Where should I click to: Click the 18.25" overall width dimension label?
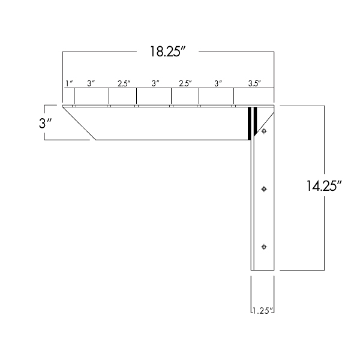166,52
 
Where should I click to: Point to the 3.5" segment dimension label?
254,84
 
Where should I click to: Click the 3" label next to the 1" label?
91,84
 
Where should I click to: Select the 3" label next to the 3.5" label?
217,84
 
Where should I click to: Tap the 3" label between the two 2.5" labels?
155,84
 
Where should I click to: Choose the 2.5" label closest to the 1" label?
124,84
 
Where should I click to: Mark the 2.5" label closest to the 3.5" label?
186,84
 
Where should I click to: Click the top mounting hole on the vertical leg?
264,131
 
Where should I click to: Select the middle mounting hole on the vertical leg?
264,189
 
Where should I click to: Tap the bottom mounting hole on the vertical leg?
264,247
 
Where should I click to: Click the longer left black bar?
248,123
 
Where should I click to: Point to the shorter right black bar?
255,119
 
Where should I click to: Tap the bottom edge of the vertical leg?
262,270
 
